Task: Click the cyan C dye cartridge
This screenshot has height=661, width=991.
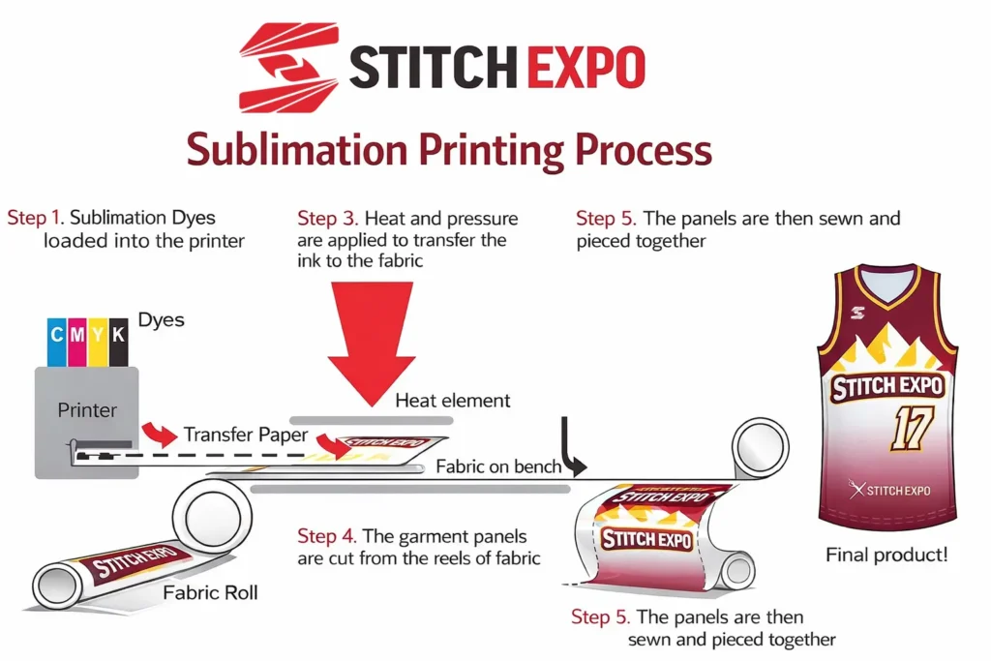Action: (x=56, y=341)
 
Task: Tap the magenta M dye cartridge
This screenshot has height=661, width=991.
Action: (x=76, y=341)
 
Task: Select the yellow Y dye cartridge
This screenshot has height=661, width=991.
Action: (x=98, y=341)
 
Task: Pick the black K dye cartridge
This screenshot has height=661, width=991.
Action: (x=118, y=341)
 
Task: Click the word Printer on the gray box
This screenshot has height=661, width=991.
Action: (x=87, y=410)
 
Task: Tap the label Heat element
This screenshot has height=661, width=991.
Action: (x=452, y=400)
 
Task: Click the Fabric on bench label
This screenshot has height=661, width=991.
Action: (x=498, y=466)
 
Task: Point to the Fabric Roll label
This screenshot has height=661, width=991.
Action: (x=210, y=592)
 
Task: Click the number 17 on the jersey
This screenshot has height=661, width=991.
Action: (x=910, y=429)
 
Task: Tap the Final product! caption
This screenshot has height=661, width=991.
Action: (x=886, y=556)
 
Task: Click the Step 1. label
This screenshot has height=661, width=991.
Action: (x=35, y=218)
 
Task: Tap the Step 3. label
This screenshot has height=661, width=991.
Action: (x=329, y=219)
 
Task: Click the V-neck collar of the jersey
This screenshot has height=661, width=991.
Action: (x=886, y=285)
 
